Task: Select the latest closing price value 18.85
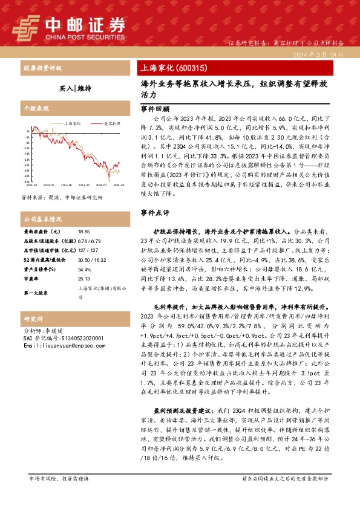[x=83, y=232]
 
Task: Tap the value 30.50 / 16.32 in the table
[x=90, y=259]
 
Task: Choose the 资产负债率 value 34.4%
[x=84, y=269]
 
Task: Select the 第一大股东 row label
[x=35, y=293]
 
